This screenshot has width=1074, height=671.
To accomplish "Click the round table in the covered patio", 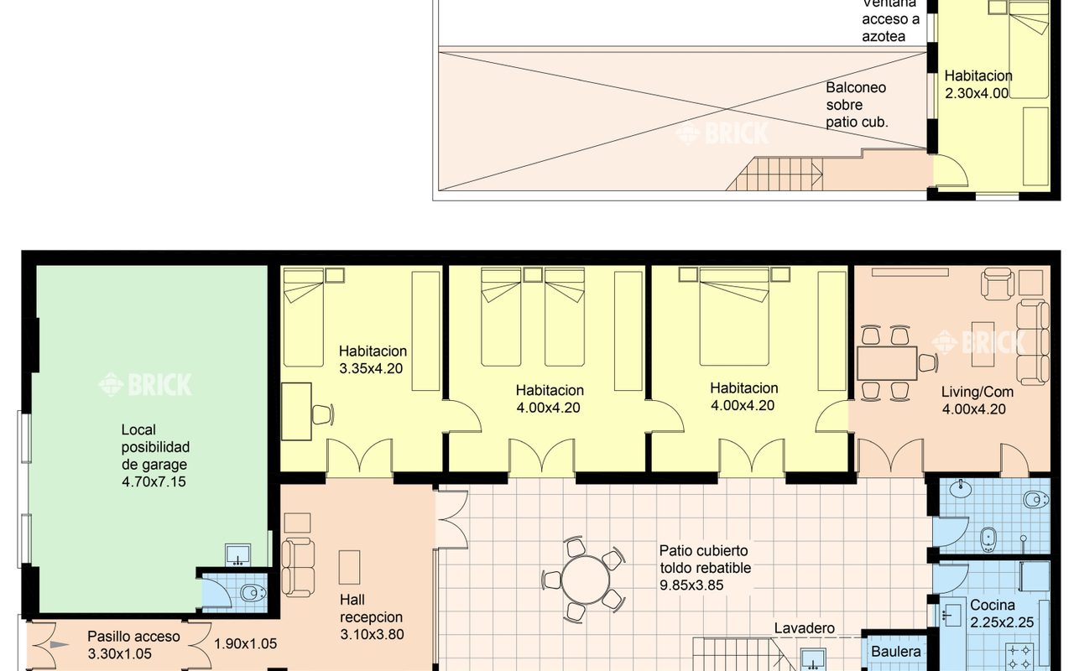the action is [x=585, y=580].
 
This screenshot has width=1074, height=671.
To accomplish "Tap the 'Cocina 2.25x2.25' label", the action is [x=1002, y=613].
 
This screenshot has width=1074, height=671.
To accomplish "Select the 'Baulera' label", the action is [x=895, y=652].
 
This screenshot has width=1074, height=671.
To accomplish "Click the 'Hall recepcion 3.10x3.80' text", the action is [x=372, y=616].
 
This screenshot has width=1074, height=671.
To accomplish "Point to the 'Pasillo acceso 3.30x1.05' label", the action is [x=133, y=645].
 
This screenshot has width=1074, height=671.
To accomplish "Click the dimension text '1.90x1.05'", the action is [x=246, y=643].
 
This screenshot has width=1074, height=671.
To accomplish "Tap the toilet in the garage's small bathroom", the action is [x=253, y=593].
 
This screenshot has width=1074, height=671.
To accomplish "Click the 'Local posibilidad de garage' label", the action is [x=155, y=447].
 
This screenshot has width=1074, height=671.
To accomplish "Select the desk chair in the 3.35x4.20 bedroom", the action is [x=322, y=414].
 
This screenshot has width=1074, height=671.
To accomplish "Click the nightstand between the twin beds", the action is [x=532, y=275].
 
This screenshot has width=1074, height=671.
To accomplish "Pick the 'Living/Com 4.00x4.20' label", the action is [x=978, y=400].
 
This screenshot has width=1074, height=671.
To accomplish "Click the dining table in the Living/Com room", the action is [x=887, y=363].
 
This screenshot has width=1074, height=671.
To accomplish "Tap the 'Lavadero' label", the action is [x=804, y=628].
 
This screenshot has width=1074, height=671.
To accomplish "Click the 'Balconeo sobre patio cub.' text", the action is [x=857, y=105].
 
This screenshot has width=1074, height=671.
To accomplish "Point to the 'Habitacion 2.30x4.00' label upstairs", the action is [x=978, y=84].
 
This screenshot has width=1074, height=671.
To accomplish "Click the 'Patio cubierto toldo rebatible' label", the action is [x=705, y=559].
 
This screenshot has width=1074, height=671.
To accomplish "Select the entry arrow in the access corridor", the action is [x=60, y=645].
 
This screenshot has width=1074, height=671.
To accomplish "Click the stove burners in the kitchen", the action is [x=1019, y=657].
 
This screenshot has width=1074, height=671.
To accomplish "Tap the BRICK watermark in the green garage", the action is [x=145, y=384].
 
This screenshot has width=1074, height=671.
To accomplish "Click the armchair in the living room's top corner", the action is [x=998, y=283].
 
